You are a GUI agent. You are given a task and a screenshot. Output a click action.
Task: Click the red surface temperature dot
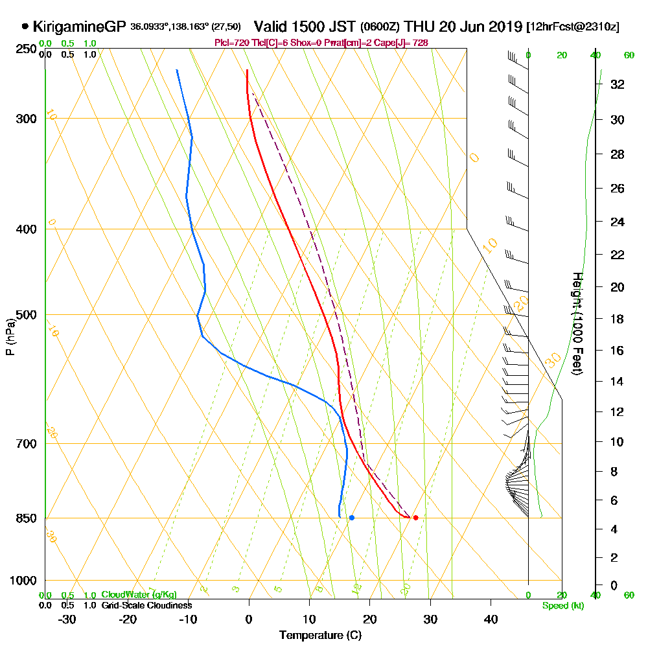pyautogui.click(x=415, y=517)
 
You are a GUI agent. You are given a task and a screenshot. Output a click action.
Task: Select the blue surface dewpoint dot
pyautogui.click(x=352, y=517)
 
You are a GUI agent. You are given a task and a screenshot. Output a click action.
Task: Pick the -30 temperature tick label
pyautogui.click(x=67, y=619)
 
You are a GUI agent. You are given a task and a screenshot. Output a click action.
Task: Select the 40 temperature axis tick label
pyautogui.click(x=491, y=619)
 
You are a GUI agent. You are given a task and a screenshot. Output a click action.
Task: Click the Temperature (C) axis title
pyautogui.click(x=320, y=635)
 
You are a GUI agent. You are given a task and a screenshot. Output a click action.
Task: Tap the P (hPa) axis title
pyautogui.click(x=10, y=337)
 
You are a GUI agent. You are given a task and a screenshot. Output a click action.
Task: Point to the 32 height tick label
pyautogui.click(x=618, y=84)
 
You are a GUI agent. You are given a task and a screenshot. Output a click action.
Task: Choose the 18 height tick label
pyautogui.click(x=618, y=319)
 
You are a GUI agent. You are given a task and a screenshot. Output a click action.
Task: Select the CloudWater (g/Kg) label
pyautogui.click(x=138, y=595)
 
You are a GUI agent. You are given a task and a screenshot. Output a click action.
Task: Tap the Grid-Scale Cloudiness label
pyautogui.click(x=146, y=605)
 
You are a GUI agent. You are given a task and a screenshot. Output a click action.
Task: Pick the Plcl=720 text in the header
pyautogui.click(x=229, y=43)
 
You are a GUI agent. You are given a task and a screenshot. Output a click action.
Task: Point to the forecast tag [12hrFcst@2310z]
pyautogui.click(x=573, y=27)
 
